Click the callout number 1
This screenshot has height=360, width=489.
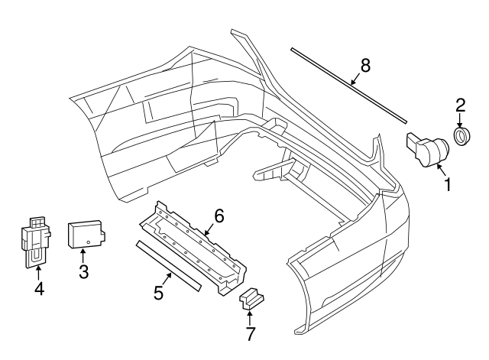tap(449, 184)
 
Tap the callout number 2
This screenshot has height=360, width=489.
tap(461, 105)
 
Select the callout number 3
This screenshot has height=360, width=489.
tap(83, 270)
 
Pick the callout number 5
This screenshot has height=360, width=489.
tap(158, 292)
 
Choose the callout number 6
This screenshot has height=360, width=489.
tap(219, 216)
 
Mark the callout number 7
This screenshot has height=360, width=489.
tap(251, 333)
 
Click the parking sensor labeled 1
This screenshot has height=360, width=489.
tap(427, 147)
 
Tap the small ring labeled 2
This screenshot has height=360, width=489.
tap(461, 136)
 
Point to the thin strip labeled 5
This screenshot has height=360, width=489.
tap(168, 265)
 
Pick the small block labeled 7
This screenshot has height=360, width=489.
tap(251, 299)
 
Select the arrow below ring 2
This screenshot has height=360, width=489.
tap(461, 120)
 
